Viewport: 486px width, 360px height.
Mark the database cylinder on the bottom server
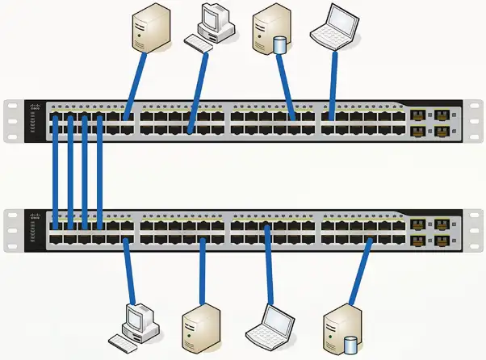tap(350, 345)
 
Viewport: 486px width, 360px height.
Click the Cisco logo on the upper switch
tap(35, 106)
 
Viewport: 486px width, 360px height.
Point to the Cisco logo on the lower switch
tap(35, 216)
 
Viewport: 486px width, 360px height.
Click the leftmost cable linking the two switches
tap(56, 170)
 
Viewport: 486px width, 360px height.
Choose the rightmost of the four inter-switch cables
tap(99, 170)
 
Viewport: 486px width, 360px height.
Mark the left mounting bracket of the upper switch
tap(10, 122)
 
